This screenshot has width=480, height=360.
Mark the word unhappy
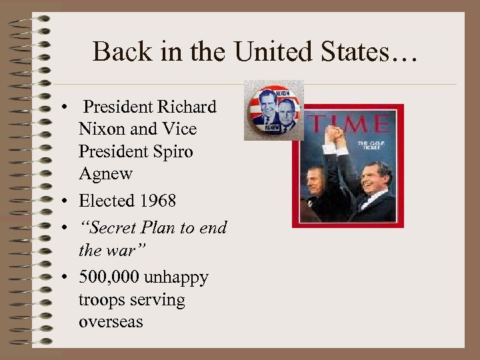click(179, 277)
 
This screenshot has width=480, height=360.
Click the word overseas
click(111, 321)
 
